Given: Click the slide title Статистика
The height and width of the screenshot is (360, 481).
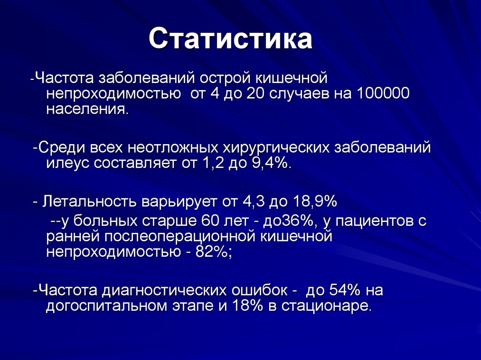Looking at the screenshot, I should tap(231, 39).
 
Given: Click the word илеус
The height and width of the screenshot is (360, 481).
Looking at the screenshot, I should tap(68, 163).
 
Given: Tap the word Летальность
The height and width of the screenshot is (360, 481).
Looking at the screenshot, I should tap(89, 202).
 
